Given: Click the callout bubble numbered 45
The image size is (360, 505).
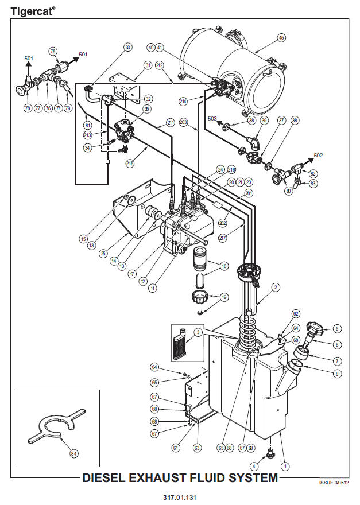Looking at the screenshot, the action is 281,38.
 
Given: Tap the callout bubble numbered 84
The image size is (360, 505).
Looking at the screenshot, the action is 74,454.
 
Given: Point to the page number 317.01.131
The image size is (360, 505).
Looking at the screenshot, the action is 180,498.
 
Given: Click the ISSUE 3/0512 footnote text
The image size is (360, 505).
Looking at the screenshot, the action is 334,483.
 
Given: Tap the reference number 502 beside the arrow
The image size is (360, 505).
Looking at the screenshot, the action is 318,156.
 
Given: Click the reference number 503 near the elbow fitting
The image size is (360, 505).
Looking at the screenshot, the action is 212,119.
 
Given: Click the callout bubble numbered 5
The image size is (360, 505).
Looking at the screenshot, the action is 337,328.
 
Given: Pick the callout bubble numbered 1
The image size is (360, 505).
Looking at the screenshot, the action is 285,466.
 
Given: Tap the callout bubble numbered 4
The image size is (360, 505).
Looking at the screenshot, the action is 254,466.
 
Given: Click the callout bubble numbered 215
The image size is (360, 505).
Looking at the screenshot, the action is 130,164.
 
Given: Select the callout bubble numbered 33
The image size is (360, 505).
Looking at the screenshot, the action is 128,47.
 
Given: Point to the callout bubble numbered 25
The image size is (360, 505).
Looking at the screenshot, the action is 103,254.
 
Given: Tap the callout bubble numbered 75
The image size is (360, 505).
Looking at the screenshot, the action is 53,52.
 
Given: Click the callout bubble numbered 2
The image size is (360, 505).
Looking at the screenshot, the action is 275,287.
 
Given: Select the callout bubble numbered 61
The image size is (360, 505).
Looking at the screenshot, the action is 176,448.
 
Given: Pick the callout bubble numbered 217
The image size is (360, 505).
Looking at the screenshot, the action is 222,238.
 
